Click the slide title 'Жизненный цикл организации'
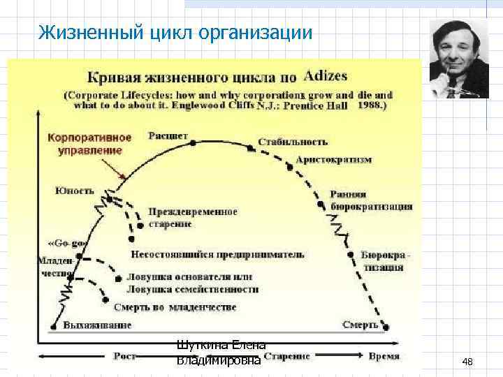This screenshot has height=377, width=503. pos(175,32)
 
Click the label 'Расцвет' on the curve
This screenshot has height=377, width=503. pos(168,135)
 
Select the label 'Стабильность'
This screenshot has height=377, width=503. pos(292,142)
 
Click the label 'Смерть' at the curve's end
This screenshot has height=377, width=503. pos(360,325)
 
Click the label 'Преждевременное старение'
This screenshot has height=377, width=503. pos(193,216)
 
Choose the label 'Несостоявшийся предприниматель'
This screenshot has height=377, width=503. pos(217,254)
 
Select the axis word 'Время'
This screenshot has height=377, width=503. pos(384,356)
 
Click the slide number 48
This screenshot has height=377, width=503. pos(467,362)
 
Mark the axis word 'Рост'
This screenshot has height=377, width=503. pos(126,356)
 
